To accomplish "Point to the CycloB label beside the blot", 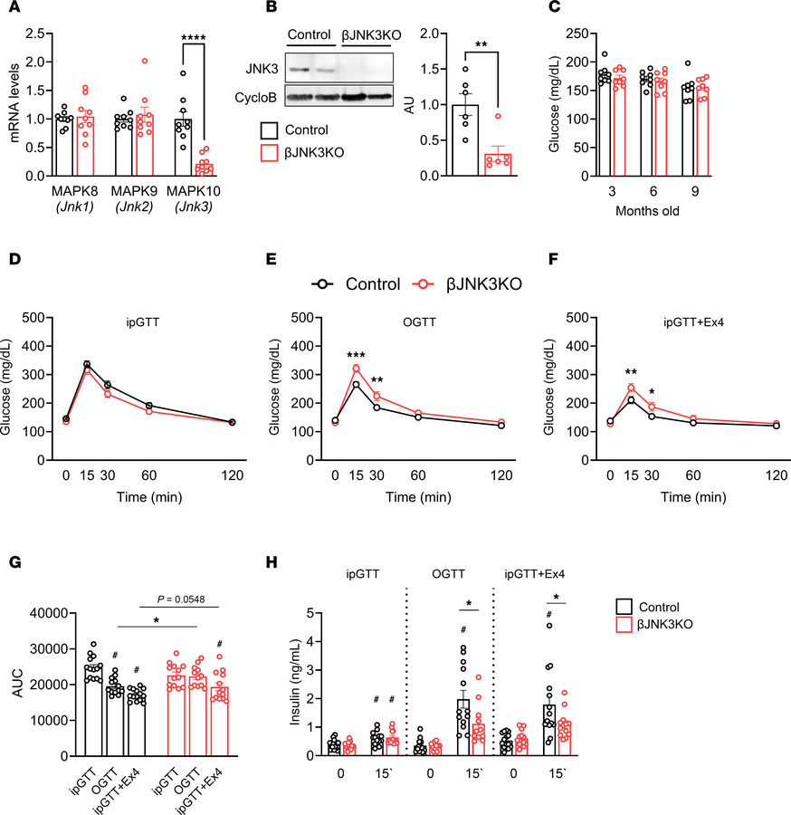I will (x=261, y=96).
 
